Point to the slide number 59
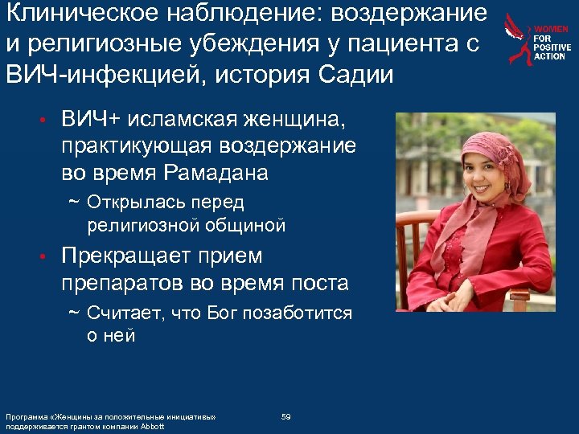coord(285,416)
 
